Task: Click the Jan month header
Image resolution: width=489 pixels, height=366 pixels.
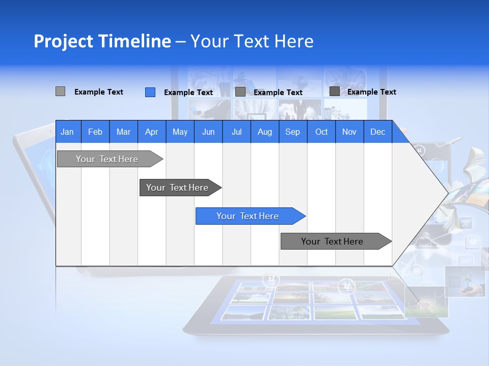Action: [67, 132]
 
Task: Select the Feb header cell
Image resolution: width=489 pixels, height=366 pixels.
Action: [95, 132]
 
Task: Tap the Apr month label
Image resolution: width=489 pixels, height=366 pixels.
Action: [151, 132]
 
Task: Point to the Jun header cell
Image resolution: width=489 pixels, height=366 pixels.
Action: [208, 132]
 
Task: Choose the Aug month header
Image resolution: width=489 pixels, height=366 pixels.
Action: [264, 132]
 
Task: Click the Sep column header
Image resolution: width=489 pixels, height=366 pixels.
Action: [292, 132]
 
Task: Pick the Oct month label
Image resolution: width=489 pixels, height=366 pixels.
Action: [321, 132]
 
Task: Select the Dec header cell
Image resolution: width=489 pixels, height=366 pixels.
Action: [377, 132]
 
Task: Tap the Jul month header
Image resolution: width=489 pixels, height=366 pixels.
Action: [236, 132]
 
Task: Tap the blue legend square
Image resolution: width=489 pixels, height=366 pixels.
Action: [150, 92]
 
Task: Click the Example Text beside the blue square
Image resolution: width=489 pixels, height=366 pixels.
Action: [188, 93]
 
